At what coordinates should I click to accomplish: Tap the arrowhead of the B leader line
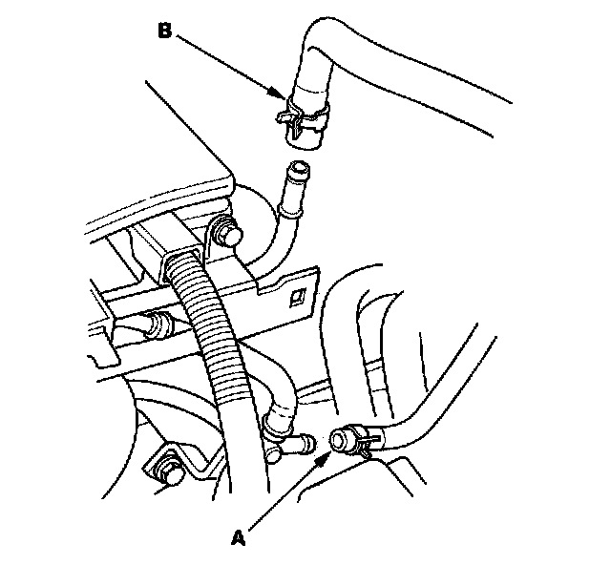(x=284, y=96)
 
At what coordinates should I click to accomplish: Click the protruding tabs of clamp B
(x=283, y=115)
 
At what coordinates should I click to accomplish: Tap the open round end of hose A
(x=339, y=439)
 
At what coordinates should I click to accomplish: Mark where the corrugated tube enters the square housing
(x=181, y=268)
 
